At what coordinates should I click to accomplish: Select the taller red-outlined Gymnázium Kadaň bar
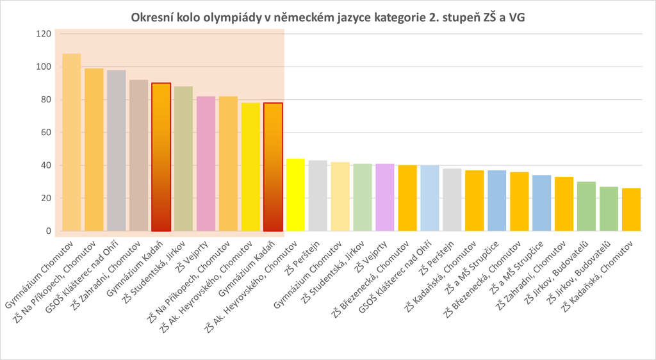[x=161, y=157]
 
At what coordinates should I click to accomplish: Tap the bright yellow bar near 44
[x=295, y=195]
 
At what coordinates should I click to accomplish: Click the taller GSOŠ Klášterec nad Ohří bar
[x=117, y=151]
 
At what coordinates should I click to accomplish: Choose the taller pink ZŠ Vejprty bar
[x=206, y=163]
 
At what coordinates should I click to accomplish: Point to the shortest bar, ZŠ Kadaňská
[x=631, y=209]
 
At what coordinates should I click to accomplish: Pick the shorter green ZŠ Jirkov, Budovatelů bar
[x=609, y=209]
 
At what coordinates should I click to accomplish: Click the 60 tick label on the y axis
[x=44, y=133]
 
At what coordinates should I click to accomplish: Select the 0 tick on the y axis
[x=47, y=231]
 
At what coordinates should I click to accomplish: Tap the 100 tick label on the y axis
[x=42, y=67]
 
